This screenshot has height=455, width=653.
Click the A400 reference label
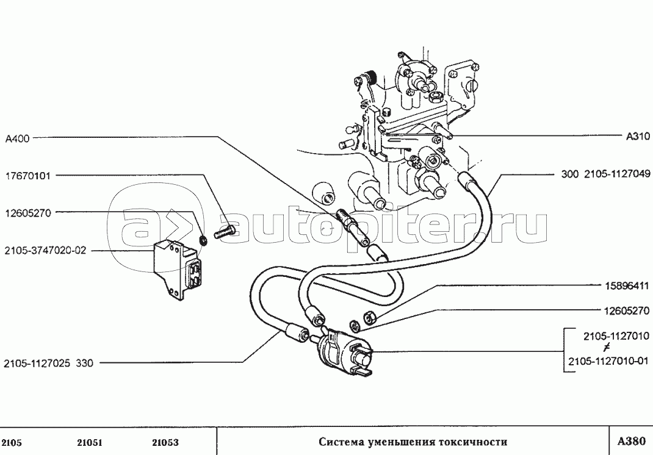coord(18,138)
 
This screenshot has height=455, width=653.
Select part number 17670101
coord(28,176)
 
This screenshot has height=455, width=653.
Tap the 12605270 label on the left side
coord(28,213)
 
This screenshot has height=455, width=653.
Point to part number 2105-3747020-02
coord(45,251)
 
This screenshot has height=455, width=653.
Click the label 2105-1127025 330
coord(49,364)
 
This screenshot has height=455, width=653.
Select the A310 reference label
coord(638,137)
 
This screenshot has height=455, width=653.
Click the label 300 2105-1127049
coord(605,174)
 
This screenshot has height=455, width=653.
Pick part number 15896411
coord(627,287)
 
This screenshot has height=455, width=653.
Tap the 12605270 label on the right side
coord(627,310)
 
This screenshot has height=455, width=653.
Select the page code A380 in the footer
coord(632,441)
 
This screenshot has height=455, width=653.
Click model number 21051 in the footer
coord(90,443)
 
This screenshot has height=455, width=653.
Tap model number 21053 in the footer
coord(165,443)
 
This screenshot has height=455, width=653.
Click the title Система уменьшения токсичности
coord(413,442)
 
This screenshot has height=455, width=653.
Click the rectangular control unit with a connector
coord(178,269)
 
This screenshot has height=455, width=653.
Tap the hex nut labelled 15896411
coord(370,317)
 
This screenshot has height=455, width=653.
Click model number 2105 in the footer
coord(12,443)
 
